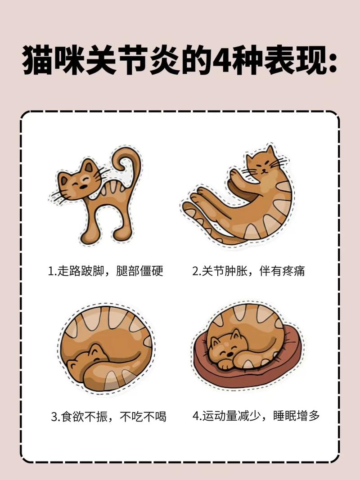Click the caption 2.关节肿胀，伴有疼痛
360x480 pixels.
249,271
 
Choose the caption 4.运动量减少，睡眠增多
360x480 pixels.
256,416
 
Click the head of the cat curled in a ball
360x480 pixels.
90,360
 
